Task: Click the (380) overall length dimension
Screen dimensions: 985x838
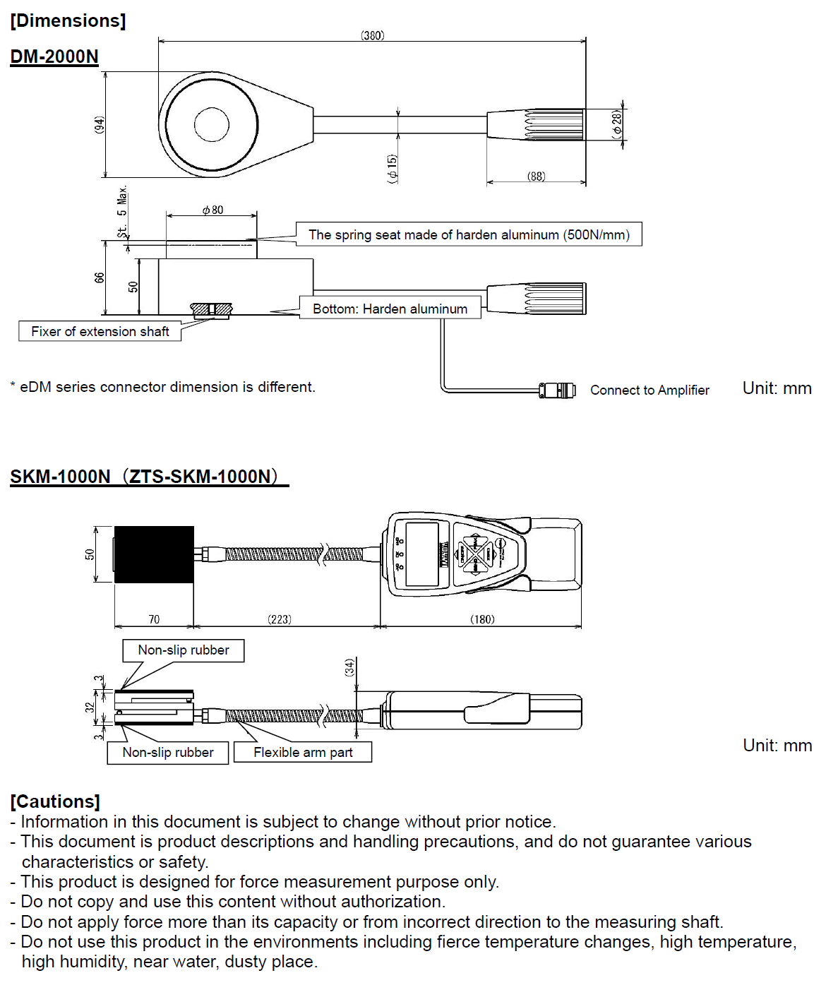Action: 372,35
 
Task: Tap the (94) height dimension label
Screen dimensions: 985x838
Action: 100,125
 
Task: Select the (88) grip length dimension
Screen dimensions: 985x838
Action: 536,177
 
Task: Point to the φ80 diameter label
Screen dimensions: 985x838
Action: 213,210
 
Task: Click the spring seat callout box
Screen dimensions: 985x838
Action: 469,234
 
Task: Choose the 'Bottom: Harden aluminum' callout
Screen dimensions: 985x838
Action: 390,309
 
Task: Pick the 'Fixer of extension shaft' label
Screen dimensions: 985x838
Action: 100,331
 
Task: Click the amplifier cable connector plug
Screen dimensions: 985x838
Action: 558,390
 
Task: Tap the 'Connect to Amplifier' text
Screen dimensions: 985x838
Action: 650,390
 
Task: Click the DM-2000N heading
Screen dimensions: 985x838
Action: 54,56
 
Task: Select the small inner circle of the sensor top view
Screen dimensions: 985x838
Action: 211,125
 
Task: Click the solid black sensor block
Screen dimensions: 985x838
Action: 154,554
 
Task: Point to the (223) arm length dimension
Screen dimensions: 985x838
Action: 280,619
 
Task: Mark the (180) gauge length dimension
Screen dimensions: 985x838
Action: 482,619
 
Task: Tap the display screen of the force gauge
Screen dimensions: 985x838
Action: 422,554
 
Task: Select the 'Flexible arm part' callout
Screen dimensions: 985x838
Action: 303,752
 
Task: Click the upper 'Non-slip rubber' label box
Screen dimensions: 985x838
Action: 184,650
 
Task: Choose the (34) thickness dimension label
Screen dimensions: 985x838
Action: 349,667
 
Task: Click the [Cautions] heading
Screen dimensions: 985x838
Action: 55,801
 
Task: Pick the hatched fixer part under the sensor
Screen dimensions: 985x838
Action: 211,309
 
